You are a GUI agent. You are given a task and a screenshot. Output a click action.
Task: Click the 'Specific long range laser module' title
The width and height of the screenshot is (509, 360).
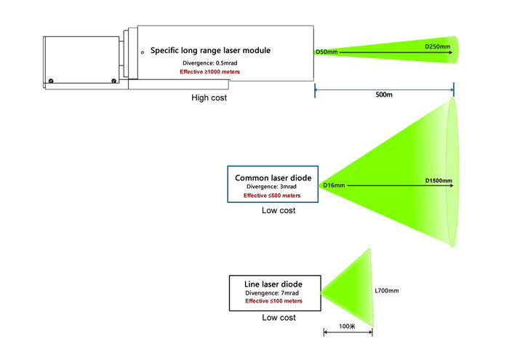(210, 51)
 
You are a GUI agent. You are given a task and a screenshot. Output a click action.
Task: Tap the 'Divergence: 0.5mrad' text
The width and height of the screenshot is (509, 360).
(209, 63)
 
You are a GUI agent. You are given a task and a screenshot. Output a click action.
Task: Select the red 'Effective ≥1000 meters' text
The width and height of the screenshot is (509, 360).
(210, 72)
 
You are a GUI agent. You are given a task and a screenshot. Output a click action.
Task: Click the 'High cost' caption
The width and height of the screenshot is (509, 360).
(209, 97)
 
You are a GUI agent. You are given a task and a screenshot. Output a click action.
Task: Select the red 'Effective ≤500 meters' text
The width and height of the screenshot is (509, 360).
(272, 196)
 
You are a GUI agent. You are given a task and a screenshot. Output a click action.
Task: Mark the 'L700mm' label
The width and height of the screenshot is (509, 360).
(386, 291)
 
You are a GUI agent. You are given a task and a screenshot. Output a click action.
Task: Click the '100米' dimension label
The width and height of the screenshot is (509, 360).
(347, 327)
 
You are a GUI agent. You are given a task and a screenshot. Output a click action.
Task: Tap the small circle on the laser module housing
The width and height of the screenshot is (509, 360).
(143, 52)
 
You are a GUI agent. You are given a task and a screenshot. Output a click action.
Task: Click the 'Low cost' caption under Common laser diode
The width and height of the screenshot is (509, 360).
(278, 211)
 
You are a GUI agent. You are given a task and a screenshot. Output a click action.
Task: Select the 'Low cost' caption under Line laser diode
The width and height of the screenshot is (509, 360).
(278, 318)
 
